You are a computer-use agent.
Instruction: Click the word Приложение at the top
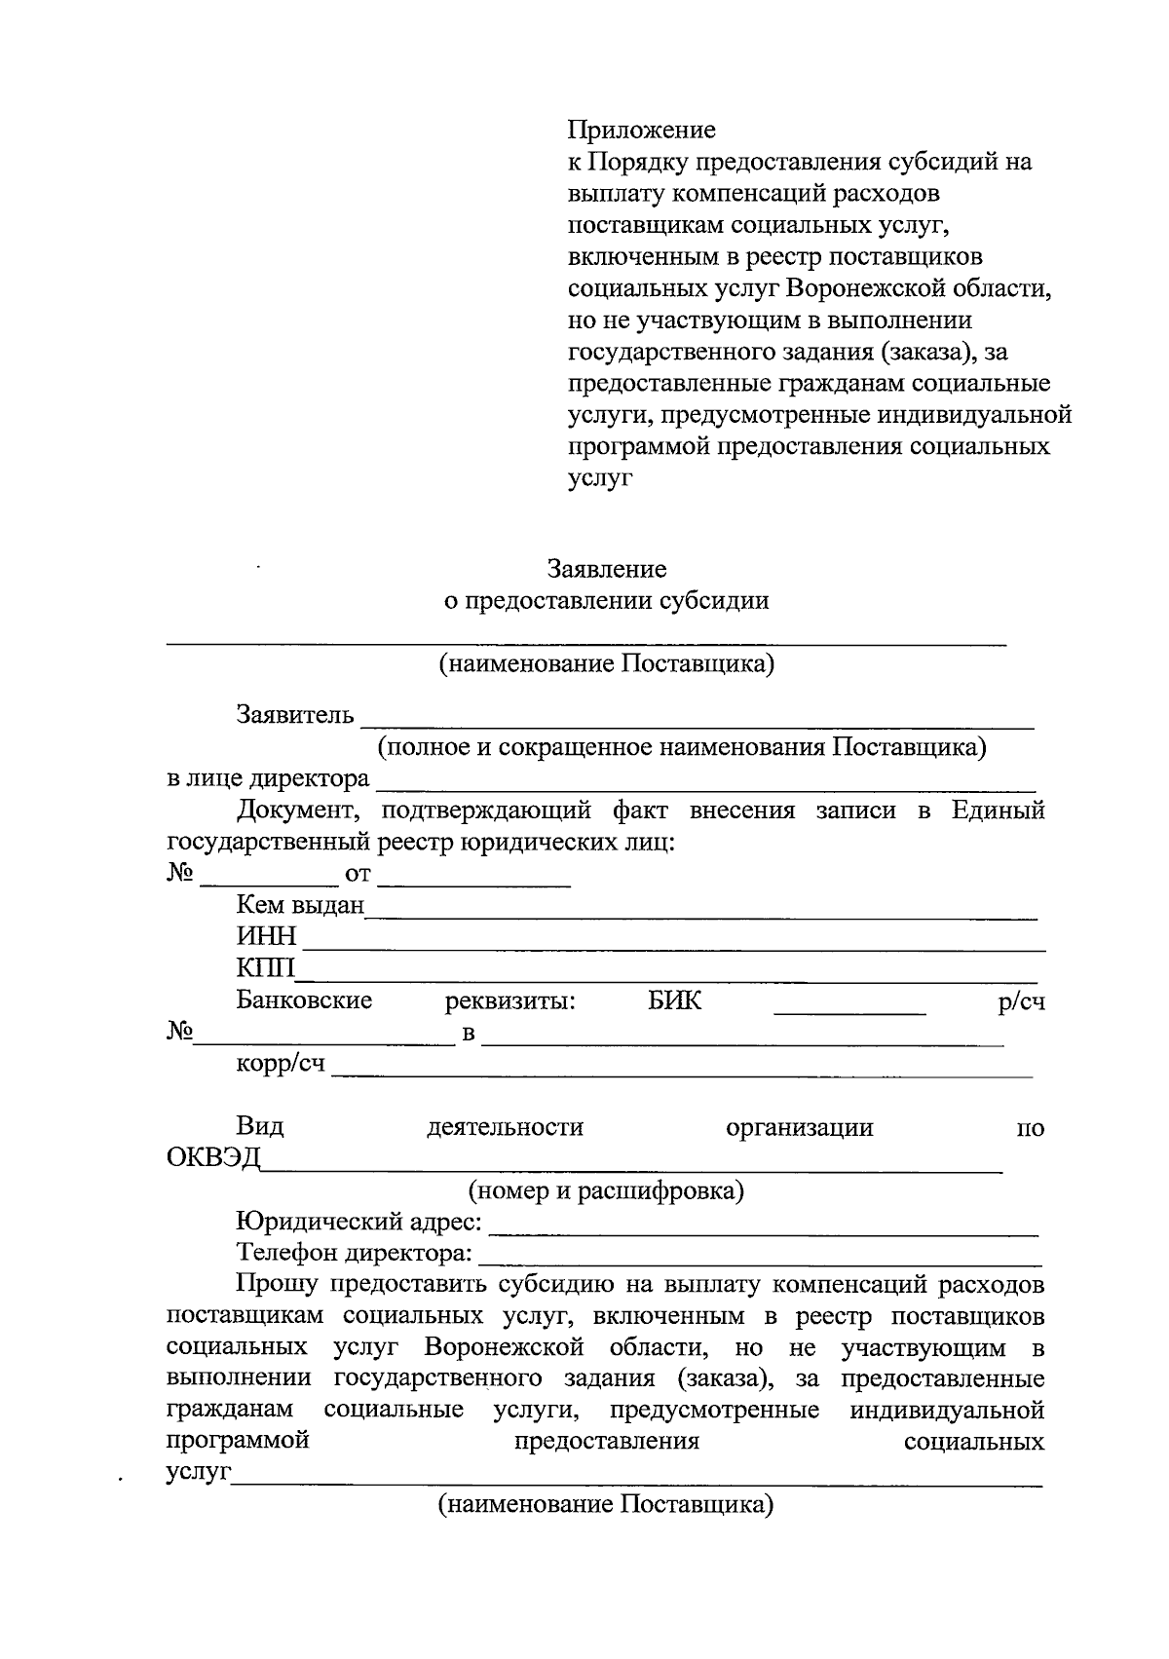641,130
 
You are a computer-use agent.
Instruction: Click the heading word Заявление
606,568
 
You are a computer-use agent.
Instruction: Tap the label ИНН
266,936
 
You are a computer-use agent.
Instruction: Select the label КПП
266,968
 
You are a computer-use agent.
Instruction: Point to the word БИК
674,1000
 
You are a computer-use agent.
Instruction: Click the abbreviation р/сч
1021,1001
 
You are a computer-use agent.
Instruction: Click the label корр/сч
281,1064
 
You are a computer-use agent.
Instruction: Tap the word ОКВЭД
213,1158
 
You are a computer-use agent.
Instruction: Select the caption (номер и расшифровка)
606,1190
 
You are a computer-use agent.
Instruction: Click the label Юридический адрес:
358,1222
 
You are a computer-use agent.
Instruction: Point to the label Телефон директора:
355,1253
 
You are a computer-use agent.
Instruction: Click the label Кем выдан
300,905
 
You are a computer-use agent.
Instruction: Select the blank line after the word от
473,883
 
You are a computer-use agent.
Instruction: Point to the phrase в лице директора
268,779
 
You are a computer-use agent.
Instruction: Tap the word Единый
998,811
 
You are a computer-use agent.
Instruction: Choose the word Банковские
304,1000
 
